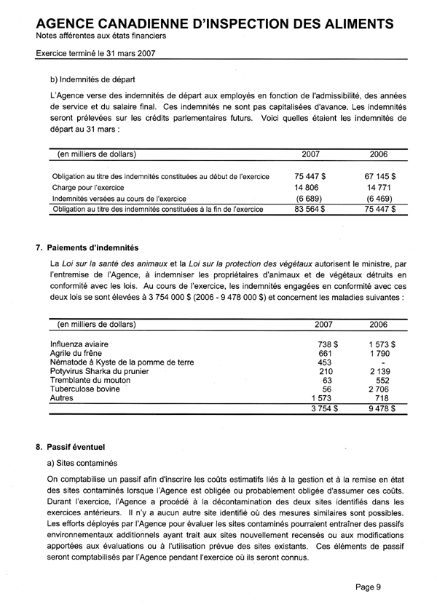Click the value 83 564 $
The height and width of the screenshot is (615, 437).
tap(310, 210)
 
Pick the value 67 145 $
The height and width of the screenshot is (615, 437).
tap(380, 176)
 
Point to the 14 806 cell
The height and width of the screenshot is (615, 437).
tap(307, 187)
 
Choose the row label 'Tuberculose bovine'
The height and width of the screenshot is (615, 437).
tap(87, 389)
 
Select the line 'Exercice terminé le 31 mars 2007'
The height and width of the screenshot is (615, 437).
tap(95, 52)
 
